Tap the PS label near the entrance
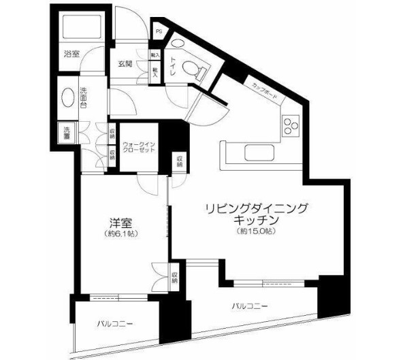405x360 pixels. pos(159,30)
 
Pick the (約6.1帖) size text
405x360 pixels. pos(121,234)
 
